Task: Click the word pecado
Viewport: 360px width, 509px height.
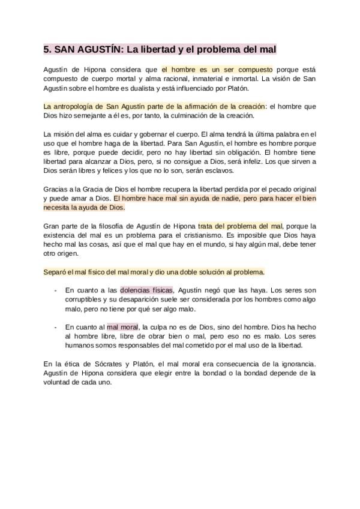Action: click(x=280, y=188)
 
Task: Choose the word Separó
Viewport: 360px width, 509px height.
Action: click(x=55, y=272)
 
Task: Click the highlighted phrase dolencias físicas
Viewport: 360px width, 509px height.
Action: click(x=146, y=291)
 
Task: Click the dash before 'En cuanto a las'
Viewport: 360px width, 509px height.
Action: click(x=56, y=291)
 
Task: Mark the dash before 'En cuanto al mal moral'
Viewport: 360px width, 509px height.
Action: click(x=56, y=327)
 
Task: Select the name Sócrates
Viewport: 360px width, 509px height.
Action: click(x=114, y=364)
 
